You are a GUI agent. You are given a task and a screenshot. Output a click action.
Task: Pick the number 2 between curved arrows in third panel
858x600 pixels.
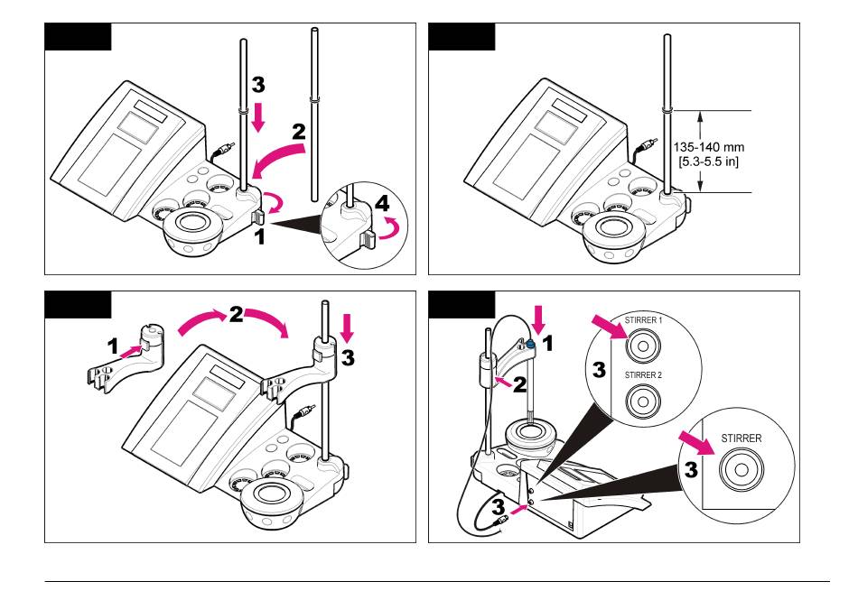pyautogui.click(x=236, y=317)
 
